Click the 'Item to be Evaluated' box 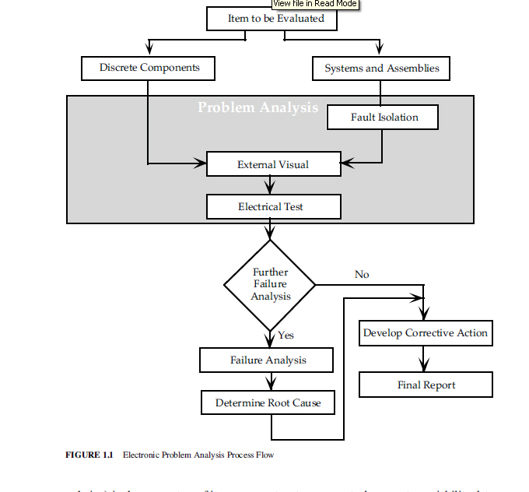(x=272, y=19)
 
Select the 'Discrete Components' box (x=148, y=69)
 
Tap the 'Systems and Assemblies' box (x=380, y=69)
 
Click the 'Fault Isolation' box (x=384, y=118)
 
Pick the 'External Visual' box (x=273, y=164)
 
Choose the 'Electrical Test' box (x=273, y=207)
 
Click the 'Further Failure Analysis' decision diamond (x=270, y=284)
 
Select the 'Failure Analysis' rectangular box (x=267, y=360)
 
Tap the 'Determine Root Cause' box (x=268, y=403)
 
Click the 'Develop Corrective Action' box (x=425, y=333)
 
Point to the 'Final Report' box (x=425, y=385)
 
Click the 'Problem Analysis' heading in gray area (x=257, y=107)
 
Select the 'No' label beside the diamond (x=362, y=275)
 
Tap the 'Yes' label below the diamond (x=286, y=336)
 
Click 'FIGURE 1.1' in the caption (x=89, y=455)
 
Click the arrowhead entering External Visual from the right (x=347, y=163)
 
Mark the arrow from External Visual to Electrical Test (x=270, y=185)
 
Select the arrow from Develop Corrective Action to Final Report (x=425, y=360)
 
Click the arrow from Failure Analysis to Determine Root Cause (x=270, y=382)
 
